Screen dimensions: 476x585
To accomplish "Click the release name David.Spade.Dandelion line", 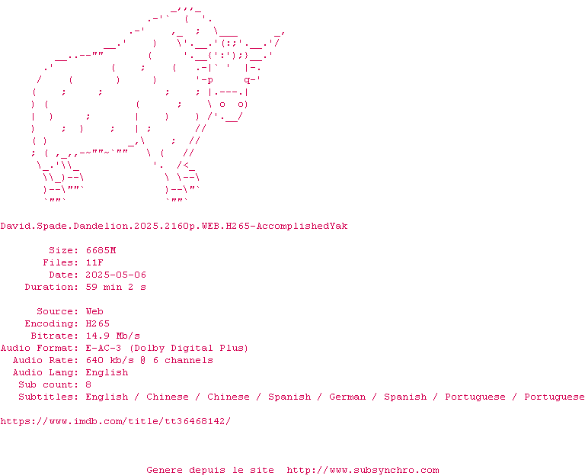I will click(174, 226).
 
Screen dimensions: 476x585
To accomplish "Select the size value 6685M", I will click(101, 250).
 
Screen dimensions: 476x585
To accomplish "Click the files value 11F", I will click(94, 262).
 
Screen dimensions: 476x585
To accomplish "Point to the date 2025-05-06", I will click(116, 275).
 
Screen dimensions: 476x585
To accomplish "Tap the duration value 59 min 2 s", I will click(116, 287).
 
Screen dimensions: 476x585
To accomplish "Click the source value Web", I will click(94, 311).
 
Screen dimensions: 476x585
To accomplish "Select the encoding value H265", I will click(97, 323).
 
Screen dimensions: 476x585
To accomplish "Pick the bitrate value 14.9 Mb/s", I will click(113, 336).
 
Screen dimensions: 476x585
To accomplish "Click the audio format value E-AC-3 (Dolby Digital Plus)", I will click(167, 348).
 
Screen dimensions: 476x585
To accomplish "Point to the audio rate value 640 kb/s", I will click(110, 360).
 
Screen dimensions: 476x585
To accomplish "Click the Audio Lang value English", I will click(107, 372).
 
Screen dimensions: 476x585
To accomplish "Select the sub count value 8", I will click(88, 384).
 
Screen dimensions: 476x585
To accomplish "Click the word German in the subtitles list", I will click(347, 397).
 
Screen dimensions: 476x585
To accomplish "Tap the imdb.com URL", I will click(115, 421).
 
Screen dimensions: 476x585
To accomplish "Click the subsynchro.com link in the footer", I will click(363, 470).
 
